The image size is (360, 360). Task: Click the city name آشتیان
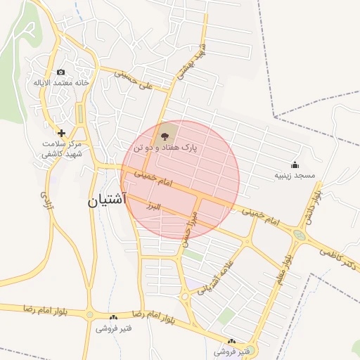tap(106, 200)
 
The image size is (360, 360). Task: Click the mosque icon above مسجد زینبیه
tap(295, 165)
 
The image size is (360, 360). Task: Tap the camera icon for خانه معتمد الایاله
tap(61, 72)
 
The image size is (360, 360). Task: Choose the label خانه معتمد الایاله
tap(61, 83)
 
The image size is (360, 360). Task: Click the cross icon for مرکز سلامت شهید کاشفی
tap(61, 133)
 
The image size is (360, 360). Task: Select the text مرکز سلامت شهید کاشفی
tap(62, 148)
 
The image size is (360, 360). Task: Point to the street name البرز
tap(152, 207)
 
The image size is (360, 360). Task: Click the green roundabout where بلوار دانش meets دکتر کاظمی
tap(300, 234)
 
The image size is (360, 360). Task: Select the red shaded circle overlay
tap(181, 179)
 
